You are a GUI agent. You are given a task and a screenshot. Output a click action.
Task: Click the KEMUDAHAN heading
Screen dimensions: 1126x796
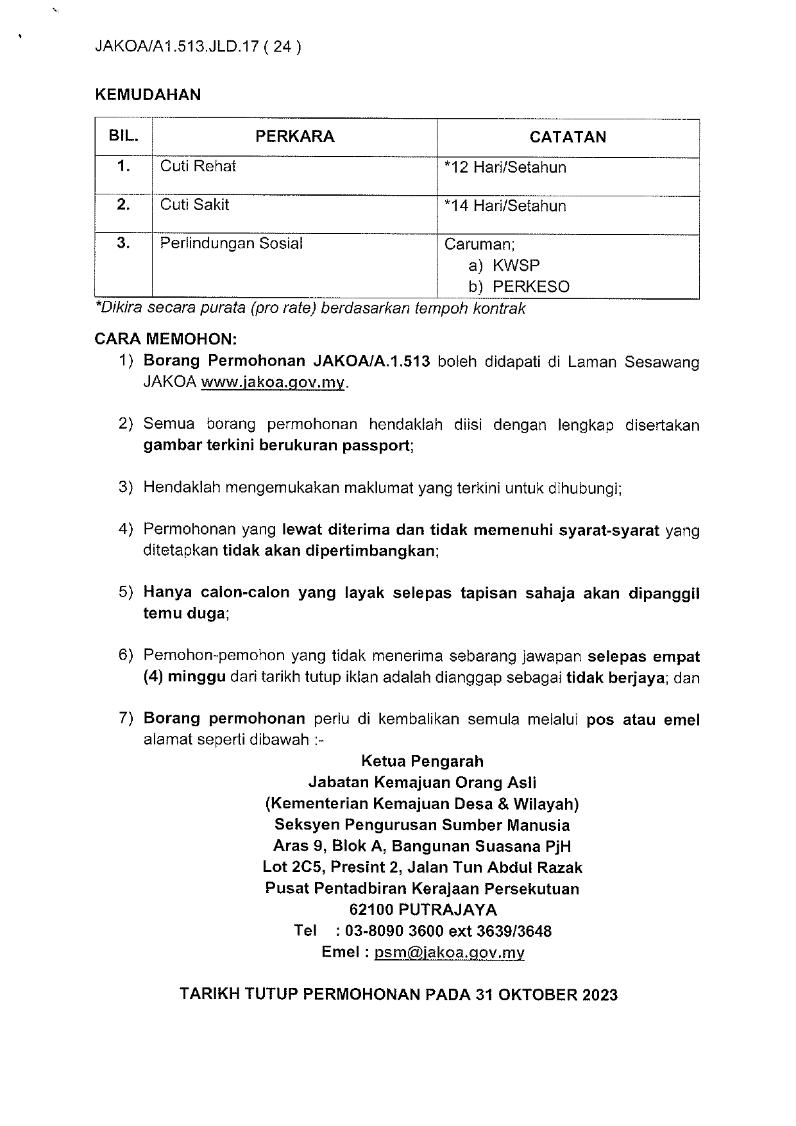click(148, 95)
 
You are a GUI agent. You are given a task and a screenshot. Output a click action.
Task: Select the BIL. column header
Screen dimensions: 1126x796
click(123, 137)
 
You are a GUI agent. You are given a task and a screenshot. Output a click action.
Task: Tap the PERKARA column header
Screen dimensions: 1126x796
click(294, 137)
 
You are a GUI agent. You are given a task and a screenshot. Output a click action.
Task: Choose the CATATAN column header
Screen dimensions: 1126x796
click(568, 137)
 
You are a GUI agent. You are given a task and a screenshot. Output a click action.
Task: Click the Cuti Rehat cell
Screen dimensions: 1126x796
click(198, 166)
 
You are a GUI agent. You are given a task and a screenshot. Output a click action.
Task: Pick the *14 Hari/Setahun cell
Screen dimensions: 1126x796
click(505, 206)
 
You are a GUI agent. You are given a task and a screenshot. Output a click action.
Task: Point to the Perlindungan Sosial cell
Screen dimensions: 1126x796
click(231, 244)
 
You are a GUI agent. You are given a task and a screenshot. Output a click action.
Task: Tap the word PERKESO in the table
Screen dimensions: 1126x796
click(530, 287)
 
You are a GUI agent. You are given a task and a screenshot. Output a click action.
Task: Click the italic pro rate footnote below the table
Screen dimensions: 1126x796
click(310, 309)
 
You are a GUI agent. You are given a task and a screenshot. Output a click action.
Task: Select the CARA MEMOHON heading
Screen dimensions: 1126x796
click(165, 338)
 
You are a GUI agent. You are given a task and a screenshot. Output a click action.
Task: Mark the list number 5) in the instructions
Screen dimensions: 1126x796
click(126, 592)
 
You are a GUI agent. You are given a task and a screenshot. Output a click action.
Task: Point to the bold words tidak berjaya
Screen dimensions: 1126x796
click(614, 678)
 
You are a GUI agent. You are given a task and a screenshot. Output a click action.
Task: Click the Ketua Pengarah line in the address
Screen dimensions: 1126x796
click(422, 762)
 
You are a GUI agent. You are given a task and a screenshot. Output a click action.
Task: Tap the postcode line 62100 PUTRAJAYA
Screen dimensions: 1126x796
click(423, 910)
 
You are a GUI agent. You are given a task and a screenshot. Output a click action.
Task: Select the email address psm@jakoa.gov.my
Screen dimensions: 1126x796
click(449, 953)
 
